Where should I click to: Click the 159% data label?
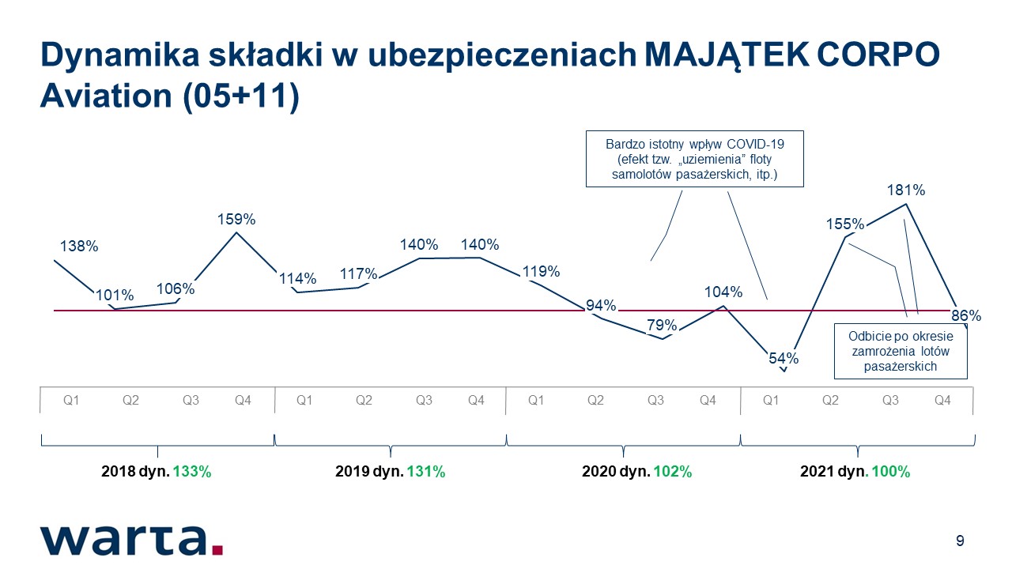pyautogui.click(x=236, y=220)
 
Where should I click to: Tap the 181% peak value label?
pyautogui.click(x=906, y=190)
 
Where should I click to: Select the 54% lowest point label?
pyautogui.click(x=784, y=359)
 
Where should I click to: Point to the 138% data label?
pyautogui.click(x=79, y=246)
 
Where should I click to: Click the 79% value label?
pyautogui.click(x=662, y=325)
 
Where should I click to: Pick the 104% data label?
pyautogui.click(x=723, y=292)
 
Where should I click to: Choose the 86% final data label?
pyautogui.click(x=966, y=315)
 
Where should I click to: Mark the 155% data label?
pyautogui.click(x=845, y=224)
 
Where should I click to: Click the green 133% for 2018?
pyautogui.click(x=192, y=472)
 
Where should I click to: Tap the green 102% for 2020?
pyautogui.click(x=673, y=472)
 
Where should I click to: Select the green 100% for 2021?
pyautogui.click(x=890, y=472)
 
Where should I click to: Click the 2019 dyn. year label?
pyautogui.click(x=369, y=472)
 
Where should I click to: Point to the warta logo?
pyautogui.click(x=131, y=541)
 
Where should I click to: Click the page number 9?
pyautogui.click(x=960, y=541)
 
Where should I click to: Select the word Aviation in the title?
pyautogui.click(x=106, y=96)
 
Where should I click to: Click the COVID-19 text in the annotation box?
pyautogui.click(x=755, y=144)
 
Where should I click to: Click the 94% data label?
pyautogui.click(x=601, y=306)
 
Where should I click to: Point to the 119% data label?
pyautogui.click(x=542, y=271)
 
